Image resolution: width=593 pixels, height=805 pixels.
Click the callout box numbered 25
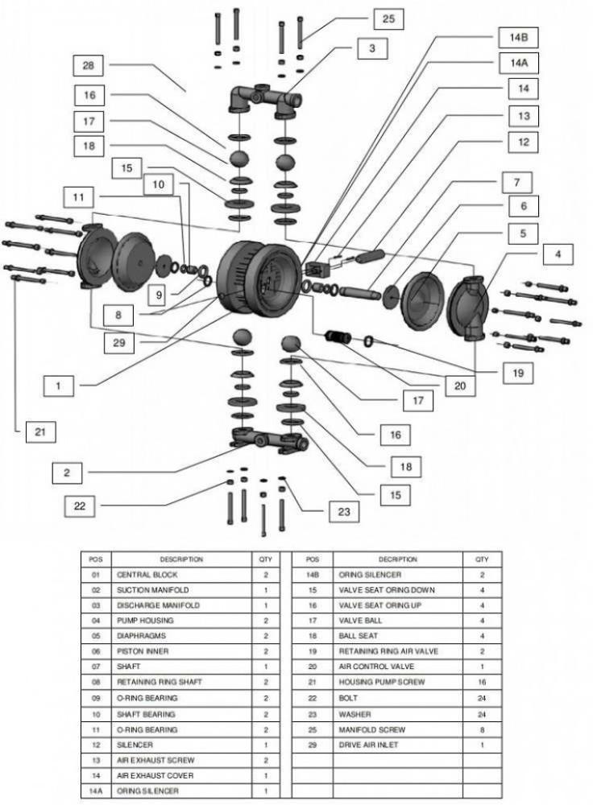pyautogui.click(x=388, y=19)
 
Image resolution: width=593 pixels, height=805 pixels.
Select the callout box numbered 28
pyautogui.click(x=89, y=65)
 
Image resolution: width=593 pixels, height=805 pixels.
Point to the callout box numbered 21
pyautogui.click(x=39, y=431)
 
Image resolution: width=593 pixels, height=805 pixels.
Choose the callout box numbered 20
pyautogui.click(x=459, y=385)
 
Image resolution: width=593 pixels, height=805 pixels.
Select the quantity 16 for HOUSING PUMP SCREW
pyautogui.click(x=482, y=683)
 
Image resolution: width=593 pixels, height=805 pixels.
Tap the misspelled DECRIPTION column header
pyautogui.click(x=398, y=559)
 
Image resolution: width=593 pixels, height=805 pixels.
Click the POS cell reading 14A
pyautogui.click(x=96, y=791)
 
